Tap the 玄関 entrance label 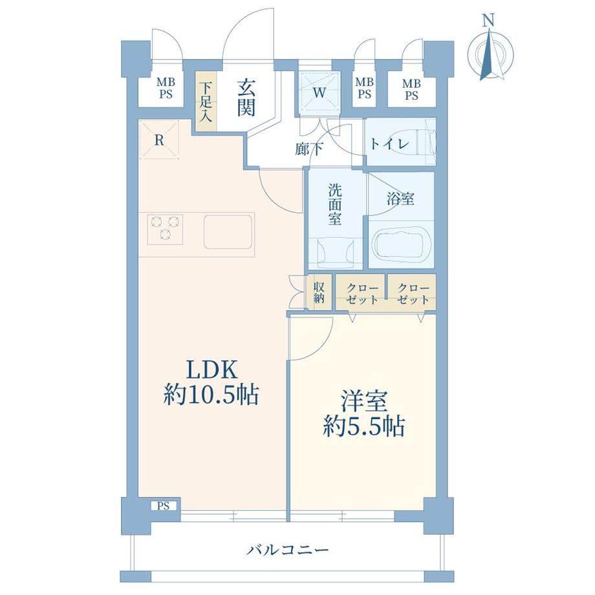point(246,99)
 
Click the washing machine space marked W point(319,92)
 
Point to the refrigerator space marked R point(159,140)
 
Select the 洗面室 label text point(335,204)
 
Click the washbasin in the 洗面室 point(335,253)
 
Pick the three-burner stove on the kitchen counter point(165,229)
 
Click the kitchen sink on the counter point(228,232)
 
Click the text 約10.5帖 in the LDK point(211,395)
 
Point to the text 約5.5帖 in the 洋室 point(364,426)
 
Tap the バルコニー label point(287,549)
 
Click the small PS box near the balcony point(164,506)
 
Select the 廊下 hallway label point(309,149)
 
